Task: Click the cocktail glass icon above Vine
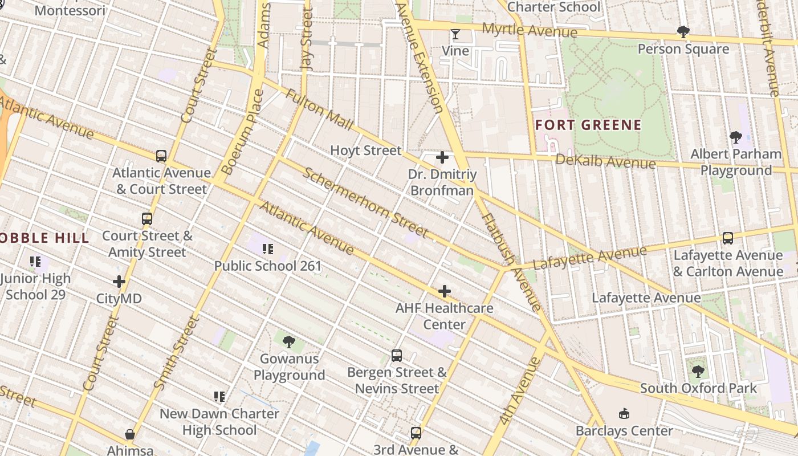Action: click(x=455, y=34)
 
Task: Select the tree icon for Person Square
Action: click(x=683, y=32)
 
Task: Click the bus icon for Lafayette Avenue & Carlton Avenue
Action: click(x=727, y=238)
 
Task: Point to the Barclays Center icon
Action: click(x=624, y=414)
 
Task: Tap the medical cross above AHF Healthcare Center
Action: click(x=444, y=292)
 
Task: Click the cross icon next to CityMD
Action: click(x=119, y=282)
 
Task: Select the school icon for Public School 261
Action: click(x=268, y=249)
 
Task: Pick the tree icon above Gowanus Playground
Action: click(x=289, y=342)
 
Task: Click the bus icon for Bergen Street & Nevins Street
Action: click(x=397, y=356)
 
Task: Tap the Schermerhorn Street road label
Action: click(x=365, y=202)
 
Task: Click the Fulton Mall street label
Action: click(x=319, y=109)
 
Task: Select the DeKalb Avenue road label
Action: click(x=605, y=161)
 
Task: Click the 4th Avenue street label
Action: click(x=519, y=391)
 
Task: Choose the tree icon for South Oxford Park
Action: click(x=697, y=372)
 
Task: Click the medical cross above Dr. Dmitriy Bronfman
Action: click(x=442, y=157)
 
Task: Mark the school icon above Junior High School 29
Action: click(x=35, y=262)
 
